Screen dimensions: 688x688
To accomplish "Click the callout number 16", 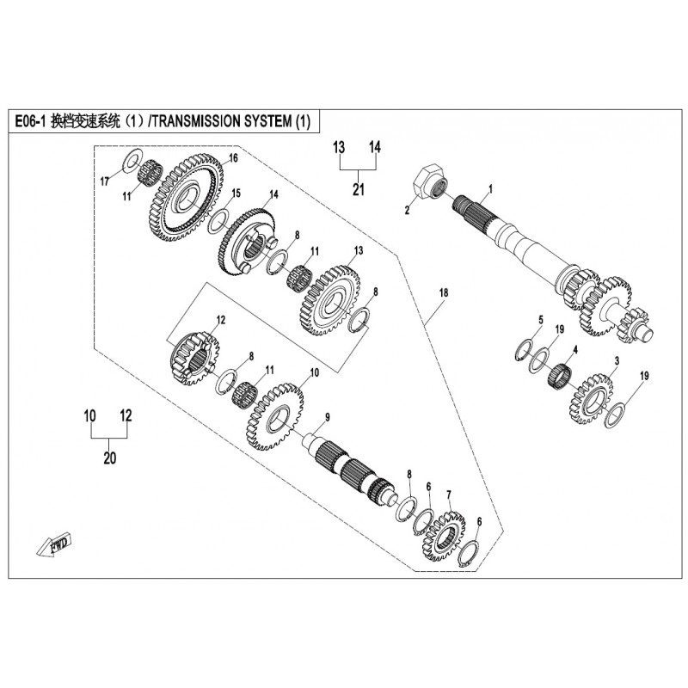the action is click(233, 158).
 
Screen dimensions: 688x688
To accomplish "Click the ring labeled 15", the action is click(218, 221).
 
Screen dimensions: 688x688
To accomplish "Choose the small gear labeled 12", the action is click(194, 357).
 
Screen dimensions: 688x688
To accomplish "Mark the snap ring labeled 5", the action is click(524, 351).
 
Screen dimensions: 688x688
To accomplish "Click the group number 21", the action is click(359, 189).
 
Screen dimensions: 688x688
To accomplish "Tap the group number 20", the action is click(110, 458).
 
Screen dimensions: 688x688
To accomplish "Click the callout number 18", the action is click(444, 292).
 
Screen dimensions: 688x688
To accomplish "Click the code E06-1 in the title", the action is click(31, 121).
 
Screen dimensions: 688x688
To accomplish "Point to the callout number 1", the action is click(490, 189).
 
